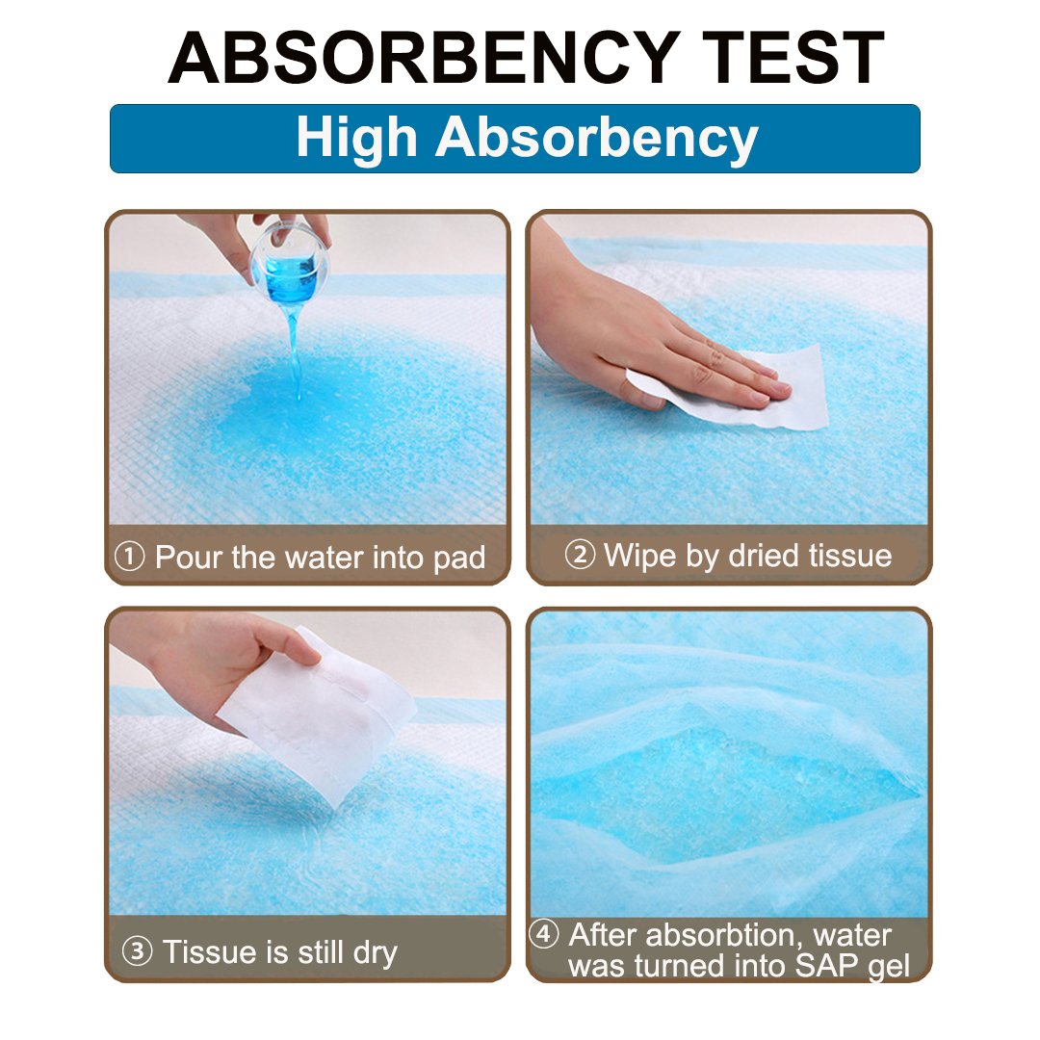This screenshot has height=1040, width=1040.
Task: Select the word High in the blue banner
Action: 356,138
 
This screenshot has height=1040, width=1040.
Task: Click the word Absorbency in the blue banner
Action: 596,140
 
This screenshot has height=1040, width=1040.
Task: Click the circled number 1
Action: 130,557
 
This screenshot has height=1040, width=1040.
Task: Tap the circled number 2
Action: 580,556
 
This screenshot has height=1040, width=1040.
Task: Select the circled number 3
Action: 138,951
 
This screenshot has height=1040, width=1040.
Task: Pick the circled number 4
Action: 545,934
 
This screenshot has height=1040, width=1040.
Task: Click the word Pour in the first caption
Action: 191,558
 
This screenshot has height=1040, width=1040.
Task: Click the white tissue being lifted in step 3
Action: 318,713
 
